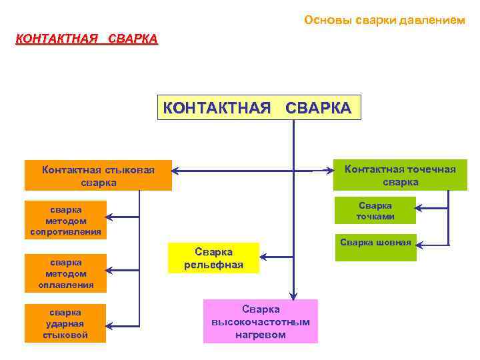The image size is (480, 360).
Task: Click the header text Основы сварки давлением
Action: [385, 20]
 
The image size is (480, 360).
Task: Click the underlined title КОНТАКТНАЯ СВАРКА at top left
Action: [87, 39]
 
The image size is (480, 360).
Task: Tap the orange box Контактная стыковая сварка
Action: [98, 175]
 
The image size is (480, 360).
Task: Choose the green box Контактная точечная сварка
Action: [400, 175]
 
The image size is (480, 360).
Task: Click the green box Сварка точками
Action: [375, 211]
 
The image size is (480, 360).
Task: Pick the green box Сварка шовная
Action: [375, 247]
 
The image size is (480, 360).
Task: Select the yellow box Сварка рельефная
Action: [213, 258]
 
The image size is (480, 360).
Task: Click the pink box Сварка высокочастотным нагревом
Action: [261, 321]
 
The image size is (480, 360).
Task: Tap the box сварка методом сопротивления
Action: [65, 219]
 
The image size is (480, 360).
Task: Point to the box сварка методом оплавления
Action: [65, 273]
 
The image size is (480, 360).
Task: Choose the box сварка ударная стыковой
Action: [65, 323]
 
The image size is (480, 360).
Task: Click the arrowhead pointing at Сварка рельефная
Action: [263, 255]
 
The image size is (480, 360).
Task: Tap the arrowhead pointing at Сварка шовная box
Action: [421, 244]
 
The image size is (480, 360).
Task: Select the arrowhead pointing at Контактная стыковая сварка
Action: [177, 171]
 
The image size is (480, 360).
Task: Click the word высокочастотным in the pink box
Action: [261, 322]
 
